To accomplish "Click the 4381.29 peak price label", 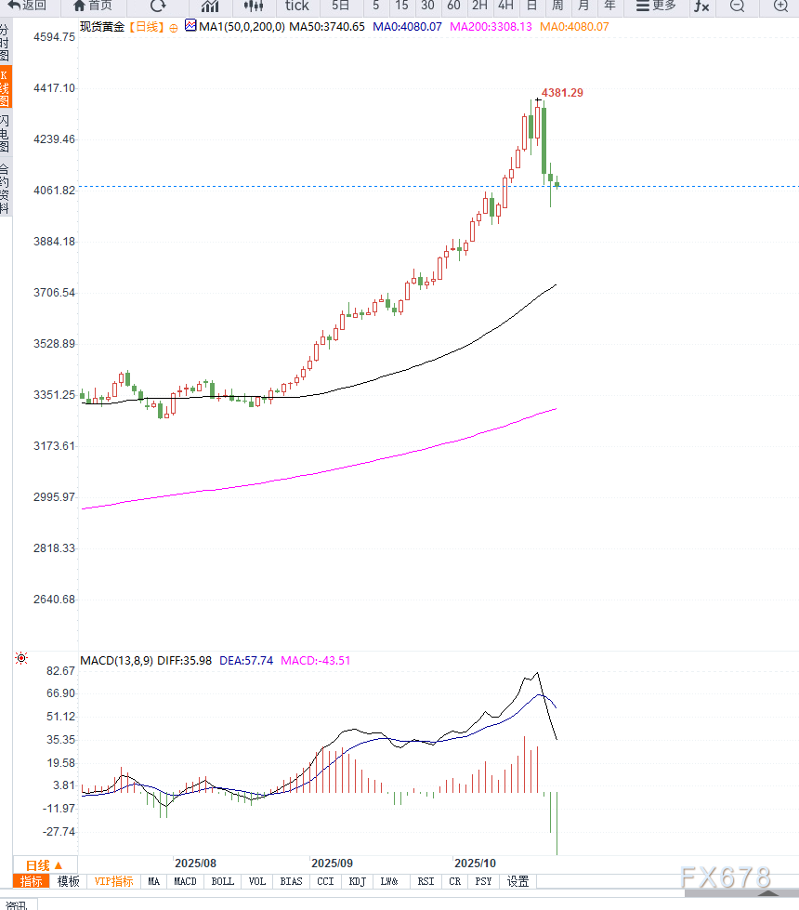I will (x=562, y=93).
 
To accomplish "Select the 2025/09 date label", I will (x=332, y=864).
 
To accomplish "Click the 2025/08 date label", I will (x=195, y=864).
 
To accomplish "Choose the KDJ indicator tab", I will (x=357, y=881).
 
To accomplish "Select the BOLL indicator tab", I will (x=223, y=881).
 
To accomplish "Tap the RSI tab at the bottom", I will (x=426, y=881).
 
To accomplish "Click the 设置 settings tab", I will (x=517, y=881).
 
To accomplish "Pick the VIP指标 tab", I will (x=113, y=881).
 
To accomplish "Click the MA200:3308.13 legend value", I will (x=491, y=27).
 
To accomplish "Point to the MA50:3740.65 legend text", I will (x=327, y=27).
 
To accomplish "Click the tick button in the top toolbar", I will (x=296, y=6).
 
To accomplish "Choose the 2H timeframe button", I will (x=479, y=6).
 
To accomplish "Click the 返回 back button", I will (x=27, y=6).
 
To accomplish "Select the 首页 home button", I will (x=93, y=6).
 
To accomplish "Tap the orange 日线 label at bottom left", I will (x=44, y=864).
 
